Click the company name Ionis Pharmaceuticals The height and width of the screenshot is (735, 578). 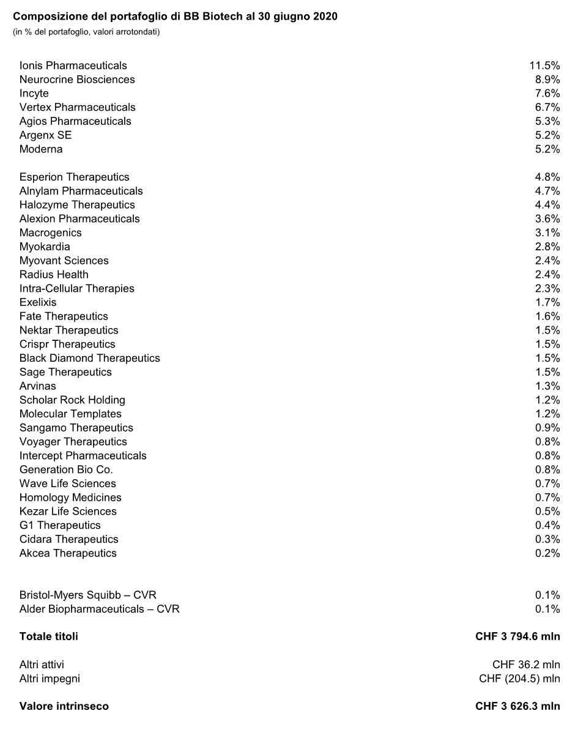(x=73, y=65)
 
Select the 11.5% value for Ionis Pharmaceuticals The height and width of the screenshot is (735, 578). (x=544, y=65)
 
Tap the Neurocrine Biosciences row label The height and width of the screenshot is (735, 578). (x=77, y=80)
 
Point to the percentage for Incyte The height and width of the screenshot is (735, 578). (x=547, y=94)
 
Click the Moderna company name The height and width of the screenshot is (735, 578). (x=41, y=149)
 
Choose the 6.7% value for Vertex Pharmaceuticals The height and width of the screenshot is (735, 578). (x=547, y=108)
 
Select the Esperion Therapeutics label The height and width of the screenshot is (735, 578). (x=74, y=177)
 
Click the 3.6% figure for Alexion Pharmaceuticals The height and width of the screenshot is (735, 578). (x=547, y=219)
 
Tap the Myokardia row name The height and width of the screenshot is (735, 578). (x=45, y=247)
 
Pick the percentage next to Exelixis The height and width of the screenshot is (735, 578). (x=547, y=302)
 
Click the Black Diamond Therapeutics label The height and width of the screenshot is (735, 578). (x=89, y=358)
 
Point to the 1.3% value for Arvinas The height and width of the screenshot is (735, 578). (x=547, y=386)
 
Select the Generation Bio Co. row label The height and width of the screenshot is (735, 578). (x=66, y=469)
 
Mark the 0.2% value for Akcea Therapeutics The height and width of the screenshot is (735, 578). (x=547, y=553)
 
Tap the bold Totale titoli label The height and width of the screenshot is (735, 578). (x=49, y=636)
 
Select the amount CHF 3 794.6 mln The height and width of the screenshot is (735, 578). (x=517, y=636)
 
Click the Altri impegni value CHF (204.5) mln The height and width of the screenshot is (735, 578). (x=519, y=679)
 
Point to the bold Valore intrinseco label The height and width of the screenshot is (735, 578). (x=64, y=706)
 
